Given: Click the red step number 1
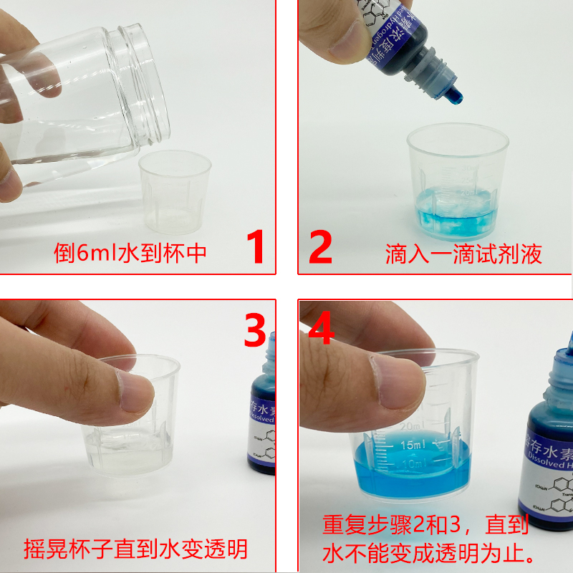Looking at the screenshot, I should point(256,247).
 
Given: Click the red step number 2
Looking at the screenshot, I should point(320,247).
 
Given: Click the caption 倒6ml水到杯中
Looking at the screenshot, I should point(130,253).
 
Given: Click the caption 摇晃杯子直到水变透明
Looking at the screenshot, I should point(135,549).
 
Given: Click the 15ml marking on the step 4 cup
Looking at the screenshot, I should point(415,444).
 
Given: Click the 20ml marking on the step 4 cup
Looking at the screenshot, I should point(411,426).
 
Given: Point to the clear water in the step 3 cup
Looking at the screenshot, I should point(129,451).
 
